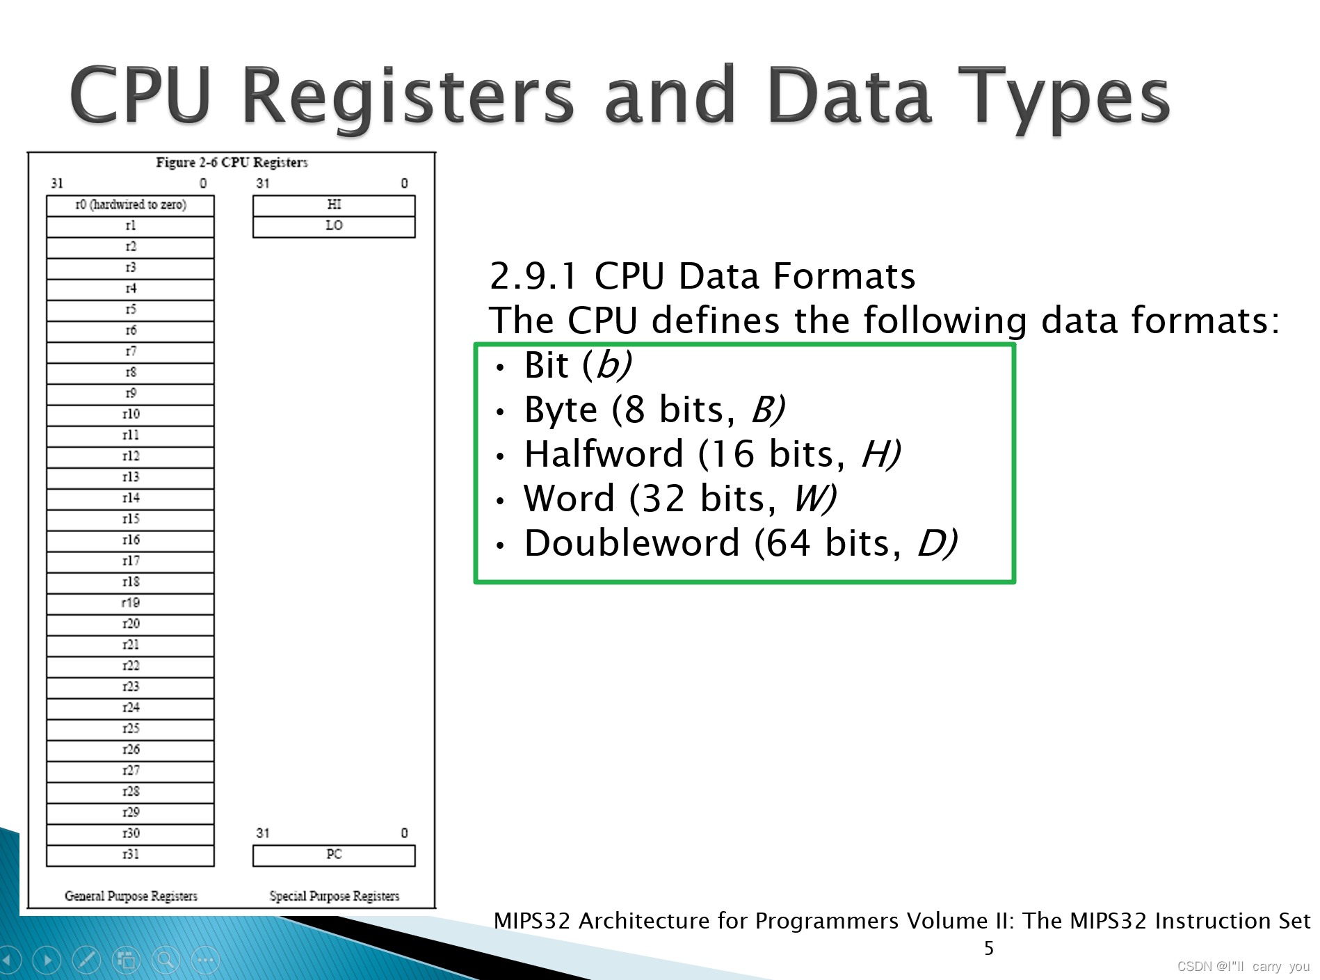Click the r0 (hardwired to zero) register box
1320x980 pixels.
pyautogui.click(x=130, y=205)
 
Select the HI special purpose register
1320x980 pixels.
pyautogui.click(x=334, y=205)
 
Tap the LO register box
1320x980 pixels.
pyautogui.click(x=334, y=226)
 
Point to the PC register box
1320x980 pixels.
pyautogui.click(x=334, y=855)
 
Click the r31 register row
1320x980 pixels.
pyautogui.click(x=130, y=855)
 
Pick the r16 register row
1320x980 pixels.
pyautogui.click(x=130, y=540)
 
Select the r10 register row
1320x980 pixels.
pyautogui.click(x=130, y=415)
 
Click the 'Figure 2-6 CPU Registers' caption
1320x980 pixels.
pyautogui.click(x=232, y=163)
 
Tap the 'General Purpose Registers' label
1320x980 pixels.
pyautogui.click(x=131, y=897)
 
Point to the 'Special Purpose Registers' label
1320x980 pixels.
pyautogui.click(x=334, y=897)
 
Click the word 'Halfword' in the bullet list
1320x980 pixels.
pyautogui.click(x=604, y=455)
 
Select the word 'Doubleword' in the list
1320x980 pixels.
pyautogui.click(x=631, y=544)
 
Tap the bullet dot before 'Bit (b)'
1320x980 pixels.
pyautogui.click(x=499, y=368)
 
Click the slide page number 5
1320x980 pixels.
pyautogui.click(x=988, y=949)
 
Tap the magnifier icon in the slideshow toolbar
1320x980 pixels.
pyautogui.click(x=166, y=961)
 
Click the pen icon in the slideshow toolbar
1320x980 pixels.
pyautogui.click(x=87, y=961)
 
